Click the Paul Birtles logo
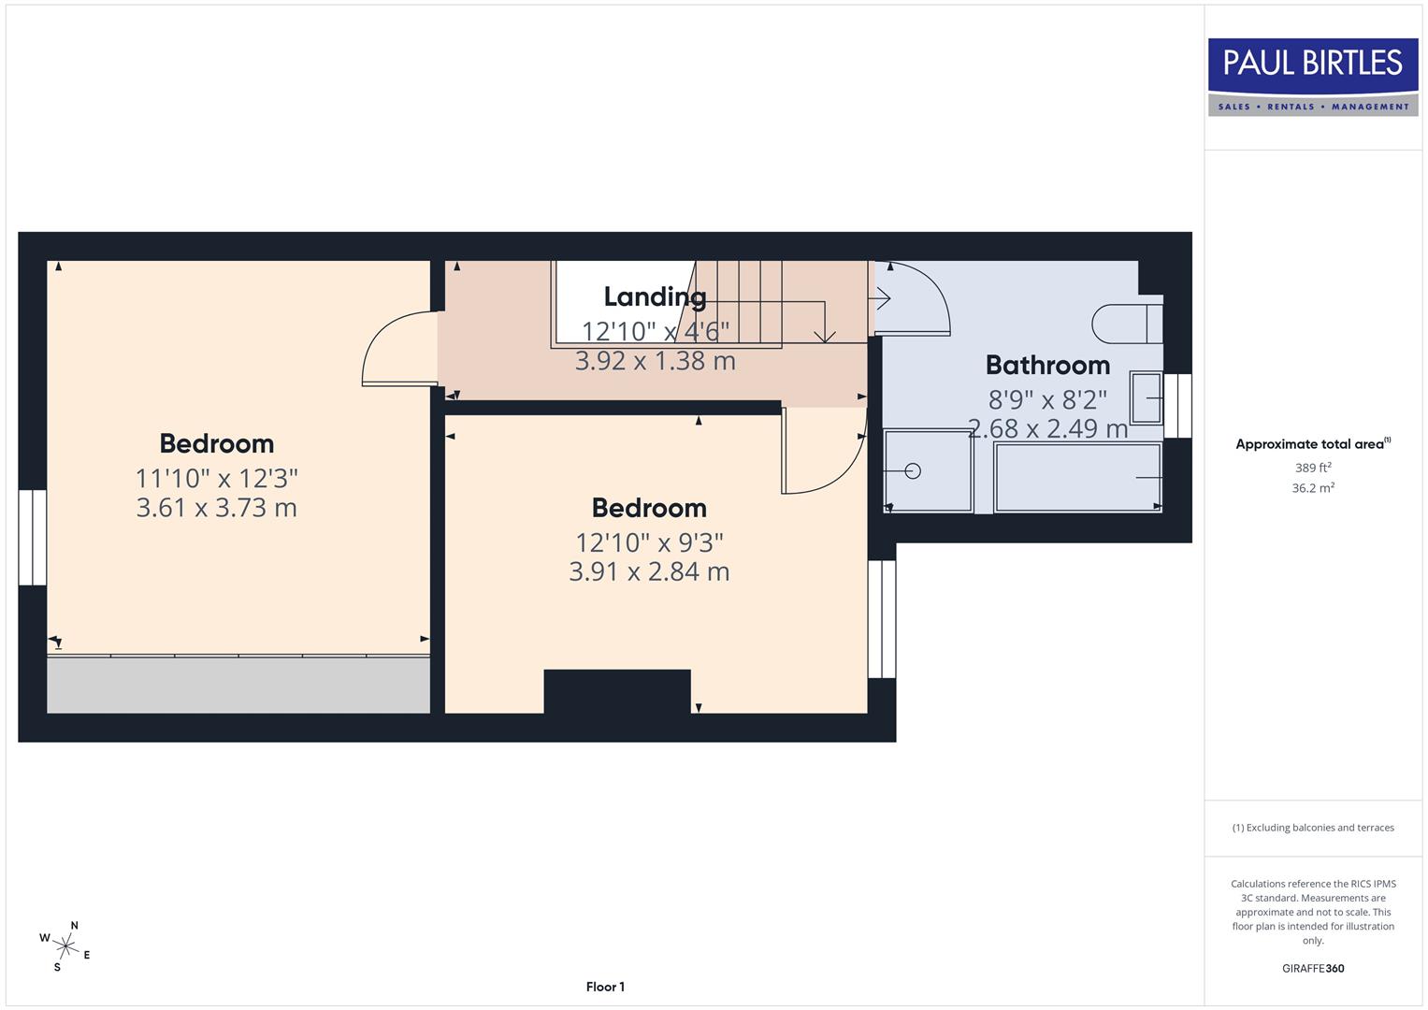[1312, 77]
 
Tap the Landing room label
[655, 296]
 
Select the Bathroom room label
[1047, 365]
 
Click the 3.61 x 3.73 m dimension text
[216, 508]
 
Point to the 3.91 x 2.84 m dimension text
[649, 571]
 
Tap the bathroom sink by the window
[1146, 397]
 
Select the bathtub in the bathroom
[1077, 478]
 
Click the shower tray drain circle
[913, 471]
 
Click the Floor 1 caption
[605, 987]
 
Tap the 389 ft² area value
[1312, 468]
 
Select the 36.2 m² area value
[1312, 488]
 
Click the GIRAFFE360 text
[1312, 968]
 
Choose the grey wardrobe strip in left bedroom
[238, 685]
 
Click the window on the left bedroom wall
[33, 538]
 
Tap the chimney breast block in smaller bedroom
[617, 691]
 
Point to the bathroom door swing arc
[921, 295]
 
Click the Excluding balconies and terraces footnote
[1312, 828]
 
